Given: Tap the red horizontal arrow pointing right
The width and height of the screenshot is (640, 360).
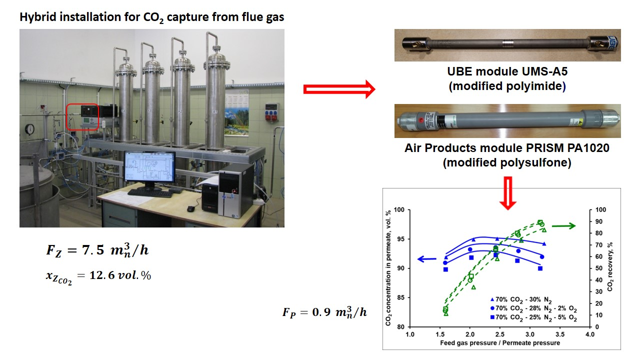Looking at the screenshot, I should pos(339,89).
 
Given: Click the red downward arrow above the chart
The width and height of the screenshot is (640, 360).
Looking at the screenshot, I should pos(508,192).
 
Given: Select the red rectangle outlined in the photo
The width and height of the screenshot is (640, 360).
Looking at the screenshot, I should pos(82,116).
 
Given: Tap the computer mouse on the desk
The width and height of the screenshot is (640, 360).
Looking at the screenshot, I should pos(190,208).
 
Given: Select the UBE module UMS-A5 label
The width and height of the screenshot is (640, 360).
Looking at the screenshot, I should pos(507,78).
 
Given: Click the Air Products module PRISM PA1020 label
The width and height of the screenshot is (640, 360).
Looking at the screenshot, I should pos(507,155).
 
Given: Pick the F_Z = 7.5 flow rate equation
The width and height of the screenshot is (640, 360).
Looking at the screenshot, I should pos(97,250).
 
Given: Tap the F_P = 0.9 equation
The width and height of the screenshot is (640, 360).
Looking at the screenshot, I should pos(324,312).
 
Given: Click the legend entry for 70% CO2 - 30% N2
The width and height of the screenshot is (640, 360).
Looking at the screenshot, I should pos(522,299).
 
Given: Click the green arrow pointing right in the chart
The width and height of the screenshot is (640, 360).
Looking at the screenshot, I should pos(563,226).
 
